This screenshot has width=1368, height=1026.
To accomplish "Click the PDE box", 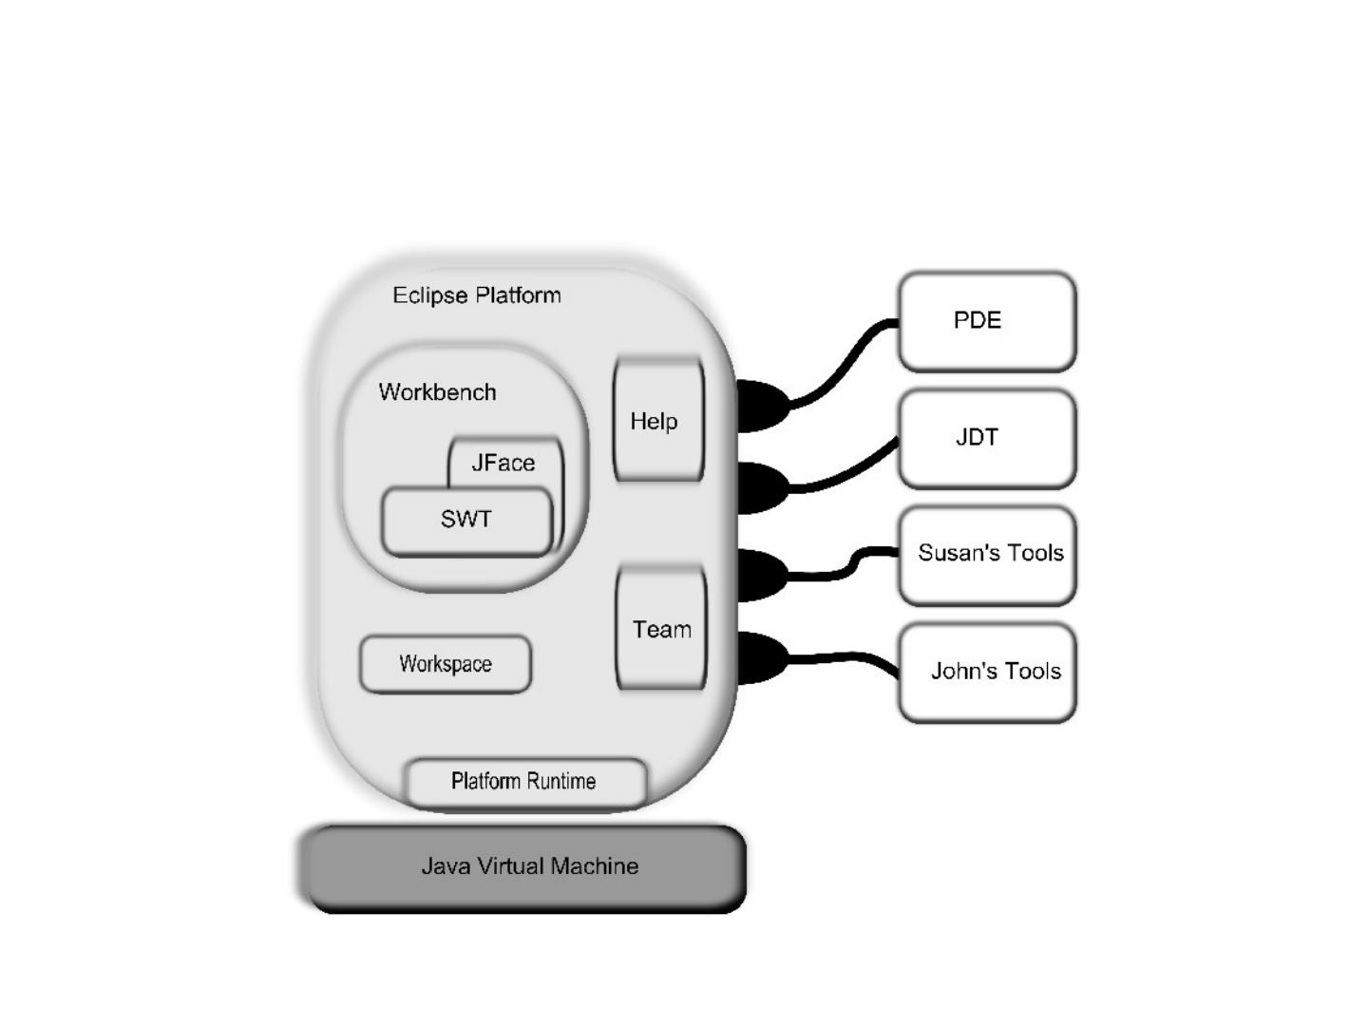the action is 987,321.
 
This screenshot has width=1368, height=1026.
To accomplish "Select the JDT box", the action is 987,438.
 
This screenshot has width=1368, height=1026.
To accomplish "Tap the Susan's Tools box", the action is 987,555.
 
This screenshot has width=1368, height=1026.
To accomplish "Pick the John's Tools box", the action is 987,672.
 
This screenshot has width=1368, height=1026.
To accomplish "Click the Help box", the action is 658,420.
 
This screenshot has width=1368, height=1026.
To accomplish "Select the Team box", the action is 661,628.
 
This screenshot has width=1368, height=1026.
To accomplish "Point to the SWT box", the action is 466,520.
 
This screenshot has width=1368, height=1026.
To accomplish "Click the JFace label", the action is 503,463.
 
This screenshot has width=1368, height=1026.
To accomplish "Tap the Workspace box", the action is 446,664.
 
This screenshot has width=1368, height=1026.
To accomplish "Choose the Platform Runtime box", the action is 525,781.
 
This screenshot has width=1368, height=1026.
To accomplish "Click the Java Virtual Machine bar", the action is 524,867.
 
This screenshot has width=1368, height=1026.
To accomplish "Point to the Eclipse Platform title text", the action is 477,295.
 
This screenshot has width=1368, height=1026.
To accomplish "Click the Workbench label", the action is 437,392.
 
